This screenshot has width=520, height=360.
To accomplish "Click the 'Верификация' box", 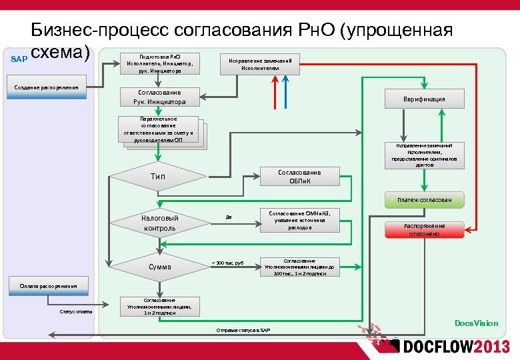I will coord(424,99).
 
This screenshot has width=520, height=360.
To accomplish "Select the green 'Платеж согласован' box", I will coord(424,200).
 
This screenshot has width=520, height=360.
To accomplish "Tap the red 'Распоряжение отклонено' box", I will coord(423,230).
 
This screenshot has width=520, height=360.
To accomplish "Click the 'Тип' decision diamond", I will coord(158,177).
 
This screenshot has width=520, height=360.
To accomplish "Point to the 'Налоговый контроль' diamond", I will coord(159,223).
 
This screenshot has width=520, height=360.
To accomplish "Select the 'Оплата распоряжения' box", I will coord(48,286).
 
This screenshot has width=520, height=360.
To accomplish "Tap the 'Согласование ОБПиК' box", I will coord(299,177).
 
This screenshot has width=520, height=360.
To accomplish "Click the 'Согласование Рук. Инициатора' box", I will coord(159,97).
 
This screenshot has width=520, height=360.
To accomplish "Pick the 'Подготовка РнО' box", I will coord(159,63).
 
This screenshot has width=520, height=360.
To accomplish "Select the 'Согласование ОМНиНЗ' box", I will coord(299,219).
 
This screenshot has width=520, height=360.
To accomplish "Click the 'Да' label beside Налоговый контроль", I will coord(229,217).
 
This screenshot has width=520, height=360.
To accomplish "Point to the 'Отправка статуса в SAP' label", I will coord(243,331).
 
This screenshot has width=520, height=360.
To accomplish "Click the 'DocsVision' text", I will coord(476,323).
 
